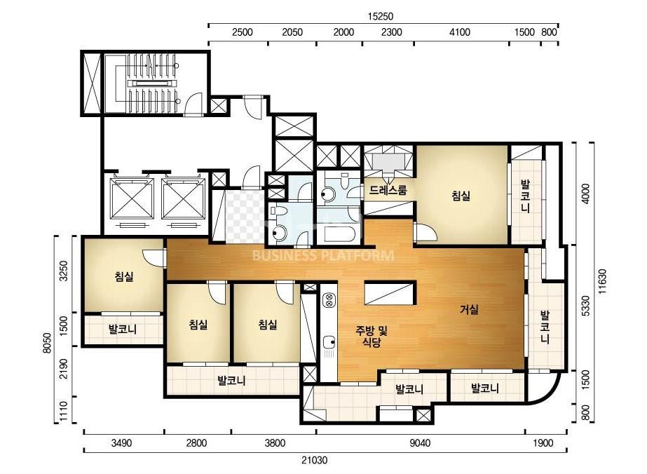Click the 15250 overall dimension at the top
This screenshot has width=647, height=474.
pos(381,17)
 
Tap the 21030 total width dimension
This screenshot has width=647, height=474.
pos(314,459)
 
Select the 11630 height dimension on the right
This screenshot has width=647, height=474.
pos(603,282)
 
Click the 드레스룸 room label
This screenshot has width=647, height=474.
pos(388,190)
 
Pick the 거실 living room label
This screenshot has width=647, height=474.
pos(469,309)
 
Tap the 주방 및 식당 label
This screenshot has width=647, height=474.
pos(372,336)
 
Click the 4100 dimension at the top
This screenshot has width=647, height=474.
pos(459,32)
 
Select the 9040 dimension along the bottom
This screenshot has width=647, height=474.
pos(420,443)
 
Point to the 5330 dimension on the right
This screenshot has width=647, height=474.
pos(585,306)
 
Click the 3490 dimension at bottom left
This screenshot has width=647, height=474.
pos(122,443)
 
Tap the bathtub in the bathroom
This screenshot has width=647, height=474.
pos(339,234)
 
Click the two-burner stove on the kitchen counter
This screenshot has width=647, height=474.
pos(329,300)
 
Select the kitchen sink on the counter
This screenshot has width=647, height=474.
pos(329,342)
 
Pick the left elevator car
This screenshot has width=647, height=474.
pos(132,198)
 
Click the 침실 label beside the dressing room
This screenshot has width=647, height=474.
pos(461,196)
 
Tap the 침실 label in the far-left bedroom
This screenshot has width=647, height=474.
pos(124,276)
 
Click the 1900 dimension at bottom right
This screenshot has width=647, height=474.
pos(543,443)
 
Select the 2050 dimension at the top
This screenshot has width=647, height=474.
pos(292,32)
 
